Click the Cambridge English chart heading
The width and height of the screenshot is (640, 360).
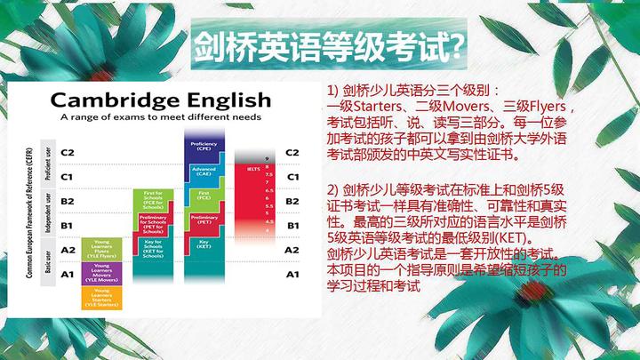pyautogui.click(x=160, y=98)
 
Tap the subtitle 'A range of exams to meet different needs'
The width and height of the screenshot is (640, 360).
pyautogui.click(x=160, y=116)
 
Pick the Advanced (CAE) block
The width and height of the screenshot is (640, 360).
pyautogui.click(x=204, y=171)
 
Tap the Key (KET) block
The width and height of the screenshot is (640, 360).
pyautogui.click(x=204, y=241)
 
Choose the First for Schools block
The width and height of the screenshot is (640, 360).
pyautogui.click(x=152, y=197)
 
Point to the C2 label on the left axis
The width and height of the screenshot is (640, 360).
pyautogui.click(x=68, y=152)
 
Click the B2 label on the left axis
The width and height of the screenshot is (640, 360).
pyautogui.click(x=68, y=201)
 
